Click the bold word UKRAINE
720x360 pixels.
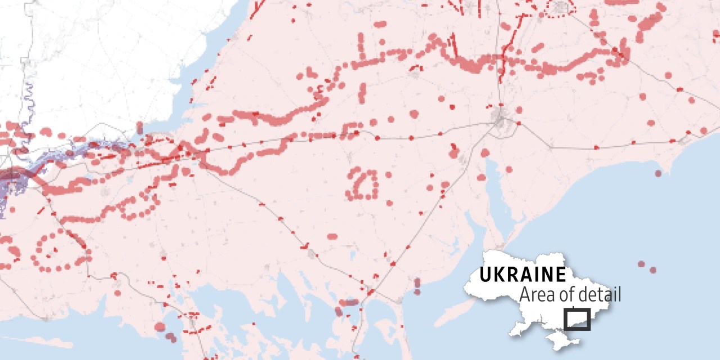[x=523, y=275]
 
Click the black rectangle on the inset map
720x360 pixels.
[x=578, y=319]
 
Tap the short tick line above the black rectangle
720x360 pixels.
[x=573, y=307]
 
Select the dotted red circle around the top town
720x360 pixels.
[x=560, y=8]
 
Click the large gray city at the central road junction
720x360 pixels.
[x=499, y=118]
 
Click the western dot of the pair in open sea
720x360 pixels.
[x=641, y=264]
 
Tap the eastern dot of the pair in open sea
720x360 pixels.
[x=653, y=271]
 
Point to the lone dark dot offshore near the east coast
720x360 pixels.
[x=658, y=173]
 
